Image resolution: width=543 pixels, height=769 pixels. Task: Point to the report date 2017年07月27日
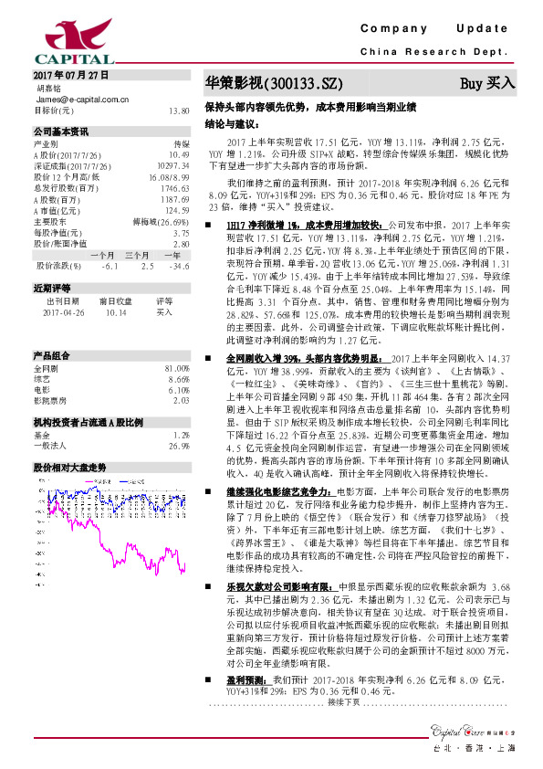click(x=70, y=73)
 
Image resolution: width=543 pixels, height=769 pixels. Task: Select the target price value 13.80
click(x=179, y=111)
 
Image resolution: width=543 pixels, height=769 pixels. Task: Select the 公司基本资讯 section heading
click(x=59, y=132)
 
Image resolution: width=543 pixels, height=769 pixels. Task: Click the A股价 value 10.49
click(x=179, y=155)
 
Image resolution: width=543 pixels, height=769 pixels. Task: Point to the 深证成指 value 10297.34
click(x=173, y=166)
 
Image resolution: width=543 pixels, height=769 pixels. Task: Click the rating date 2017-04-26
click(x=62, y=311)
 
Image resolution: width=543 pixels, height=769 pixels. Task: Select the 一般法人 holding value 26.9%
click(x=180, y=421)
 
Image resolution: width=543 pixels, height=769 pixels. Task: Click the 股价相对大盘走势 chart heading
click(x=69, y=441)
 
